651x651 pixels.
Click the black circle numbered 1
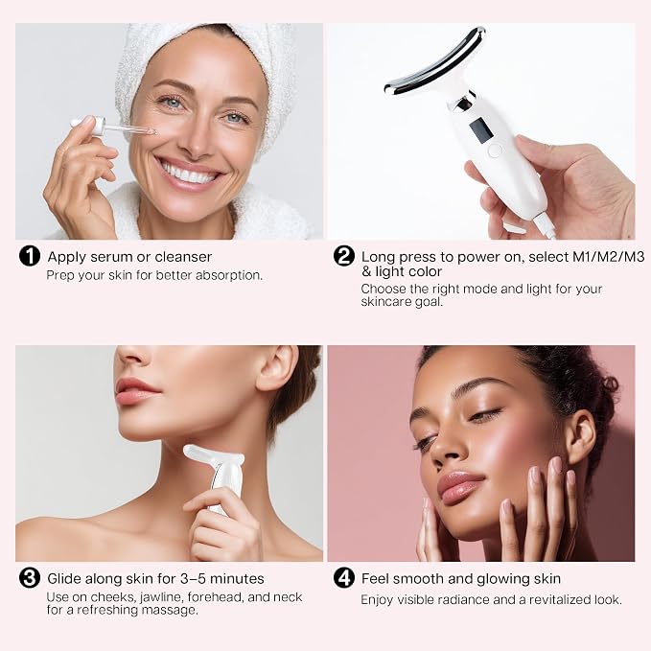[x=30, y=256]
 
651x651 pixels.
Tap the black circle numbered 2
[x=344, y=256]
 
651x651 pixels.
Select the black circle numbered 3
[x=30, y=578]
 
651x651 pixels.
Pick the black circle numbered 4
[x=344, y=578]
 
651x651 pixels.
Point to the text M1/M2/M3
[x=608, y=257]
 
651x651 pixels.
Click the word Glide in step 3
[x=64, y=578]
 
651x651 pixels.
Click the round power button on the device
[x=495, y=151]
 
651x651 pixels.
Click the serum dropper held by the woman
[x=113, y=127]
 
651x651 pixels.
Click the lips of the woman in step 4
[x=460, y=486]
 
